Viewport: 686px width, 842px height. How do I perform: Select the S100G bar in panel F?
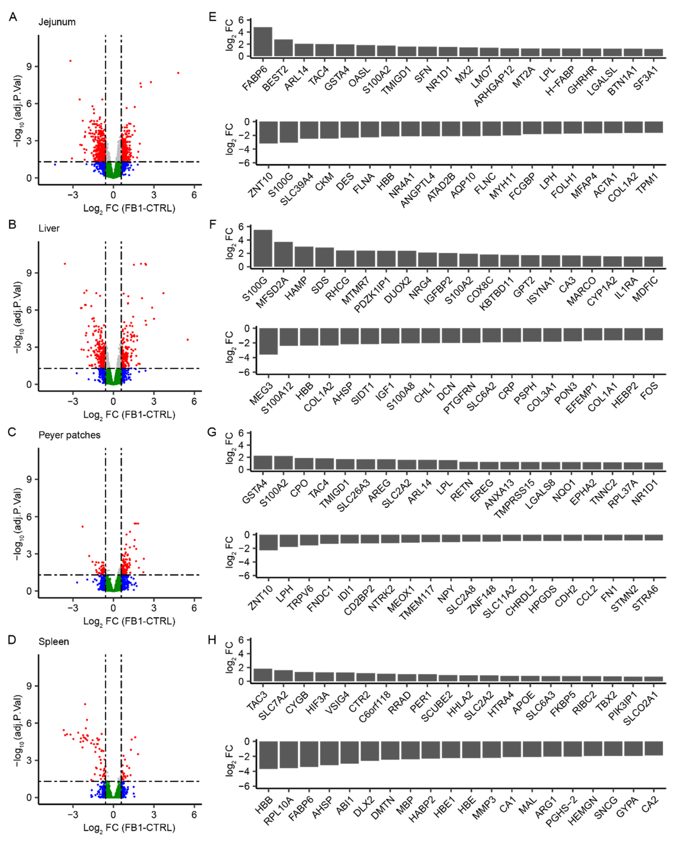(263, 248)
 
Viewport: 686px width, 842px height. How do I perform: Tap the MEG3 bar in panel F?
(268, 341)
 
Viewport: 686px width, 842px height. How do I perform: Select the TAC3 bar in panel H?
(263, 675)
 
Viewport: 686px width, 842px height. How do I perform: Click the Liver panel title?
(49, 228)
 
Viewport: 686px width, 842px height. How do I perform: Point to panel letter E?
(212, 17)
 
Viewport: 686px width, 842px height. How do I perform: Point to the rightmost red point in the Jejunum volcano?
(178, 73)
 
